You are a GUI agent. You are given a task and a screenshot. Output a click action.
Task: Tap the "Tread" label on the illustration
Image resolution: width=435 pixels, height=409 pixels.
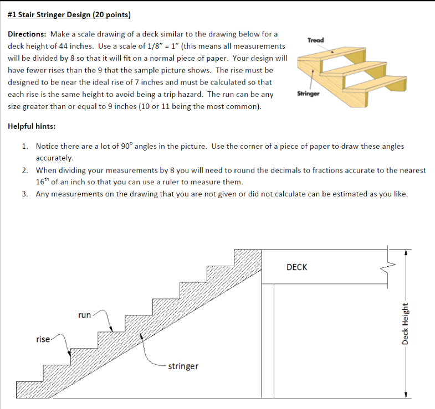coord(315,40)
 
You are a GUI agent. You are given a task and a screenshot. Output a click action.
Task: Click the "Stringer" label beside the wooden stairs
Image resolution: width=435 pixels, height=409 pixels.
coord(308,94)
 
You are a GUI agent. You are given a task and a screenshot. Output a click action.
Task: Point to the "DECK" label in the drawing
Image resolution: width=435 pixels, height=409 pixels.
coord(296,267)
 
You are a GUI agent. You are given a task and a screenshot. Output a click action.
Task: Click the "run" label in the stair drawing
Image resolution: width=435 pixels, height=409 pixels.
coord(84,315)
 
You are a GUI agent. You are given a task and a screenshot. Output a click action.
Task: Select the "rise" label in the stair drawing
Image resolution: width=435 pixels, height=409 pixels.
coord(43,339)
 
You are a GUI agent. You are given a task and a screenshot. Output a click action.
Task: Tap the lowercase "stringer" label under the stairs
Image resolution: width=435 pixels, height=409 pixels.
coord(183,366)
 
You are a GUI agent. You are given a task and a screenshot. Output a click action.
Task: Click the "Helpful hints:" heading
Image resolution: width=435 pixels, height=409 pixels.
coord(32,126)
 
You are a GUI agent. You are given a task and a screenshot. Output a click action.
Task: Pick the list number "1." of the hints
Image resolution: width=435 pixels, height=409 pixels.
coord(25,147)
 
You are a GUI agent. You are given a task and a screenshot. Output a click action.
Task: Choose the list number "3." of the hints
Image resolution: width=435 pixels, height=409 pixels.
coord(25,194)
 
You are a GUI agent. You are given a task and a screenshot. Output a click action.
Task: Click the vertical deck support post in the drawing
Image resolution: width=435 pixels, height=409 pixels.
coord(267,340)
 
